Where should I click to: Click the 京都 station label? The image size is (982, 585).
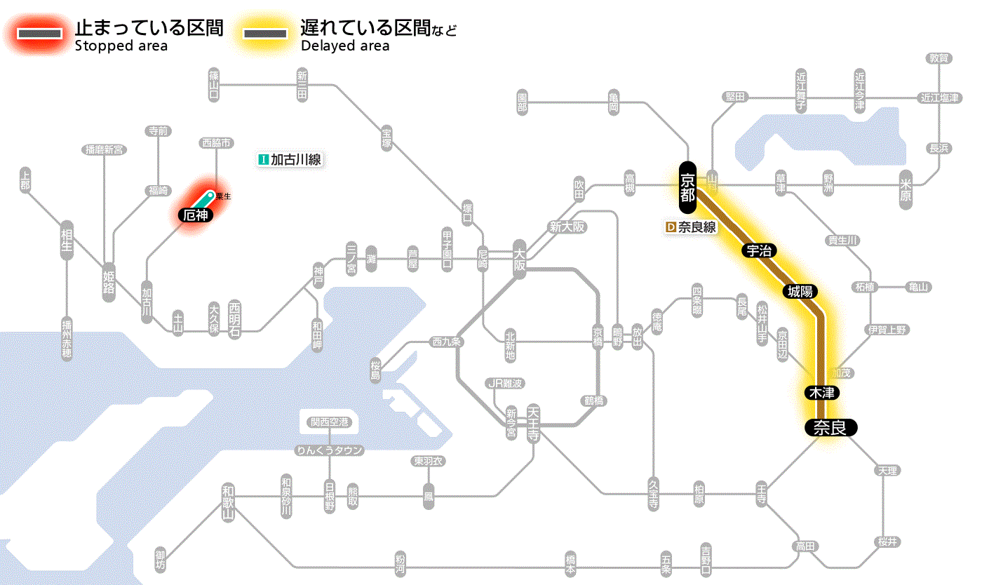(687, 187)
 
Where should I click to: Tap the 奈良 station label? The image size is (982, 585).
(830, 427)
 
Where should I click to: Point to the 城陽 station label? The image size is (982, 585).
(800, 291)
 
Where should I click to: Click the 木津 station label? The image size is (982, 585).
(821, 392)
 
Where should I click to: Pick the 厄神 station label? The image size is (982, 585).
(196, 215)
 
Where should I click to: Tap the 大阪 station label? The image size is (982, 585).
(519, 261)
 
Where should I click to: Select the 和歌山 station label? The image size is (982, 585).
(228, 502)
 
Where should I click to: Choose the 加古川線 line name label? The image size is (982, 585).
(290, 160)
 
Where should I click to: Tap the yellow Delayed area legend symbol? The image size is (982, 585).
(264, 34)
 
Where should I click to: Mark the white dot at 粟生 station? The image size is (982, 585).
(210, 194)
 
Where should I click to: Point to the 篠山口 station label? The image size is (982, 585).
(214, 83)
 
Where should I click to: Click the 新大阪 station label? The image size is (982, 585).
(567, 227)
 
